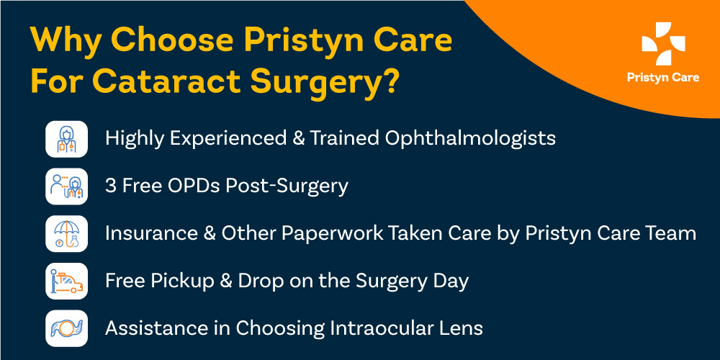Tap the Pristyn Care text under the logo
click(662, 78)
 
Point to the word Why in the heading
click(68, 40)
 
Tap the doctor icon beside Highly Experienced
click(66, 138)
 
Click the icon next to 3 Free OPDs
click(66, 186)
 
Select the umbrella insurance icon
click(66, 233)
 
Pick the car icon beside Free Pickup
click(66, 281)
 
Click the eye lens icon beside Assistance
click(66, 328)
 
